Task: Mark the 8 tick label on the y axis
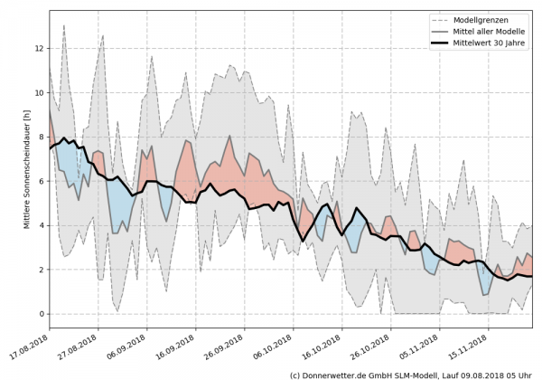[41, 137]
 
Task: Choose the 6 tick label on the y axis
[41, 181]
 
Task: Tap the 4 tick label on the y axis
[41, 225]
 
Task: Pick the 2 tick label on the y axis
[41, 270]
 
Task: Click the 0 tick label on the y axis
[41, 314]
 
